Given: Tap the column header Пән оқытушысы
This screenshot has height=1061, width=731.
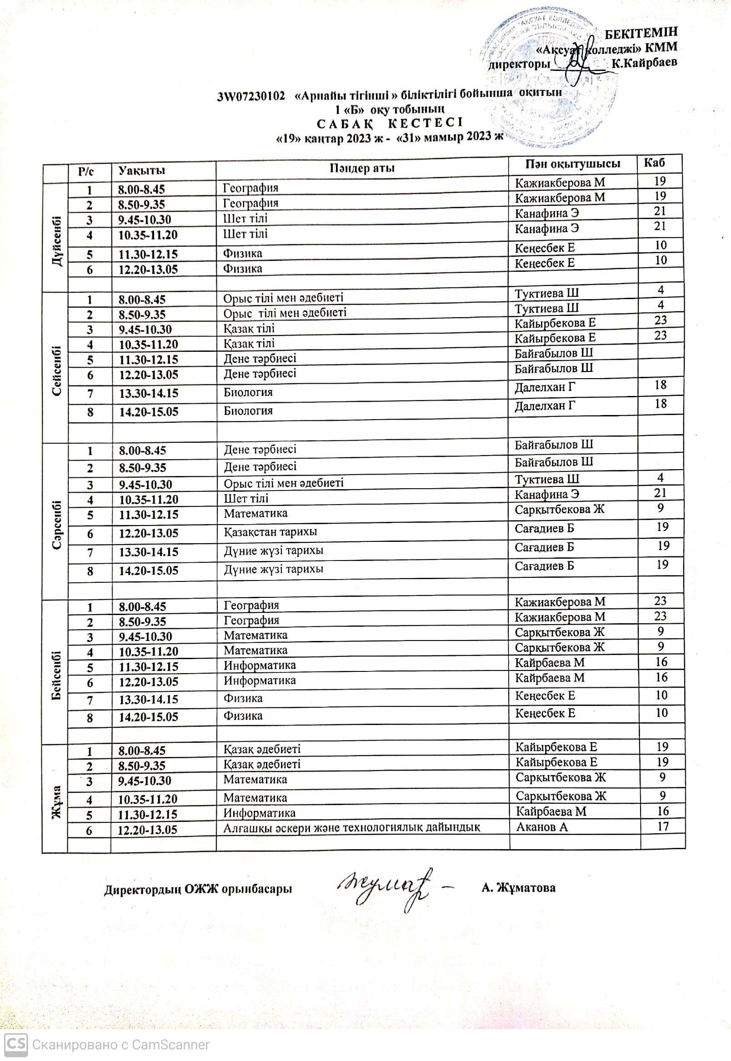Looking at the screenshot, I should pos(572,164).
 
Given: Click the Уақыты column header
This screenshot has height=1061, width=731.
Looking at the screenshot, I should pos(141,171).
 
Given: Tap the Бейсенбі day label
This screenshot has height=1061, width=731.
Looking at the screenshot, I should pos(57,675).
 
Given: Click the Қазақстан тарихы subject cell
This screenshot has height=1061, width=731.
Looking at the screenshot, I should pos(270,532).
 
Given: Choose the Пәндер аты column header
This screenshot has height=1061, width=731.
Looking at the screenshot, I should pos(362,168).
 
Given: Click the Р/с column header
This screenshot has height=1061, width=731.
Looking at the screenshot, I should pos(85,172).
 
